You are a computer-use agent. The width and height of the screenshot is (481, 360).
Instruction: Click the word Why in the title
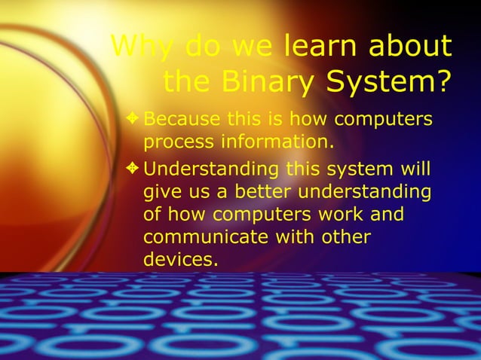(136, 47)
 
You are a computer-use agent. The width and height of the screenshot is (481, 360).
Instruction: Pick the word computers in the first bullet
(383, 119)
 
